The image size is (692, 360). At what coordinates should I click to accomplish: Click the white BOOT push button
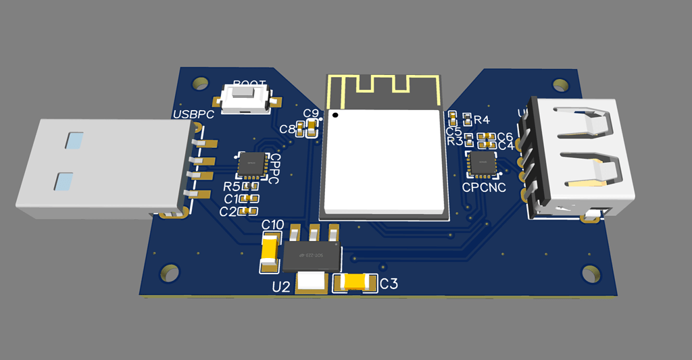[x=245, y=99]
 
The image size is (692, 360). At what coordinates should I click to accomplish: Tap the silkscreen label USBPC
[x=193, y=114]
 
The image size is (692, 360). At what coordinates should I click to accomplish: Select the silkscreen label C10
[x=272, y=224]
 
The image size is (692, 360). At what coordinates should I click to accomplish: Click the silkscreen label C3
[x=389, y=284]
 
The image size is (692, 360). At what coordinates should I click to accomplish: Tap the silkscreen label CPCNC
[x=484, y=188]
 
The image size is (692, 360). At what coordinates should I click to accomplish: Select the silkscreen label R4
[x=481, y=120]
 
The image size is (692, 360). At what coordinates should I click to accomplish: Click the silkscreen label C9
[x=311, y=113]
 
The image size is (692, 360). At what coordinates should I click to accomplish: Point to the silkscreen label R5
[x=232, y=186]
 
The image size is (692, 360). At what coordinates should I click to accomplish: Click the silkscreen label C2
[x=228, y=212]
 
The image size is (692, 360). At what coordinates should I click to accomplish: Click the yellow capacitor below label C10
[x=270, y=253]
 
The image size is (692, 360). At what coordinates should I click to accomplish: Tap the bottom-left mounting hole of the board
[x=169, y=274]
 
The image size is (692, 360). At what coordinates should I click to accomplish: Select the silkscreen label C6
[x=505, y=137]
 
